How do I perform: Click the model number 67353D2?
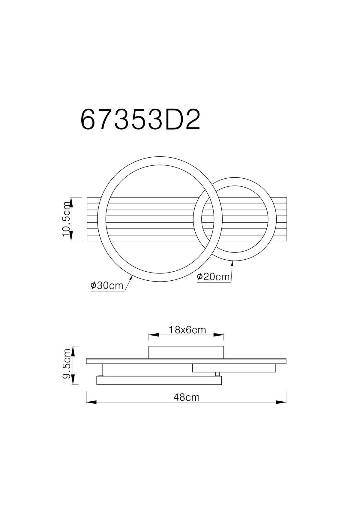coord(140,119)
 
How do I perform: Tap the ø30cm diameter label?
coord(107,285)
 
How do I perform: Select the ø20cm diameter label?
coord(213,276)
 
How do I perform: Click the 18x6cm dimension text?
coord(187,330)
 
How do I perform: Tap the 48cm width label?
coord(186,397)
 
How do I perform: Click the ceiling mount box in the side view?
coord(186,352)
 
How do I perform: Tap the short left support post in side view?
coord(101,370)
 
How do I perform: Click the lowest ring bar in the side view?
coord(159,381)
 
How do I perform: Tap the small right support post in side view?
coord(217,374)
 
